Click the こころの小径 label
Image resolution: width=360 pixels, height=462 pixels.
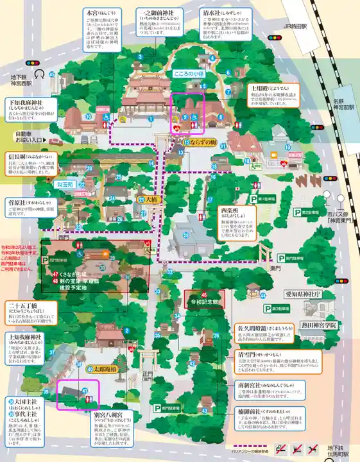pos(188,74)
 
